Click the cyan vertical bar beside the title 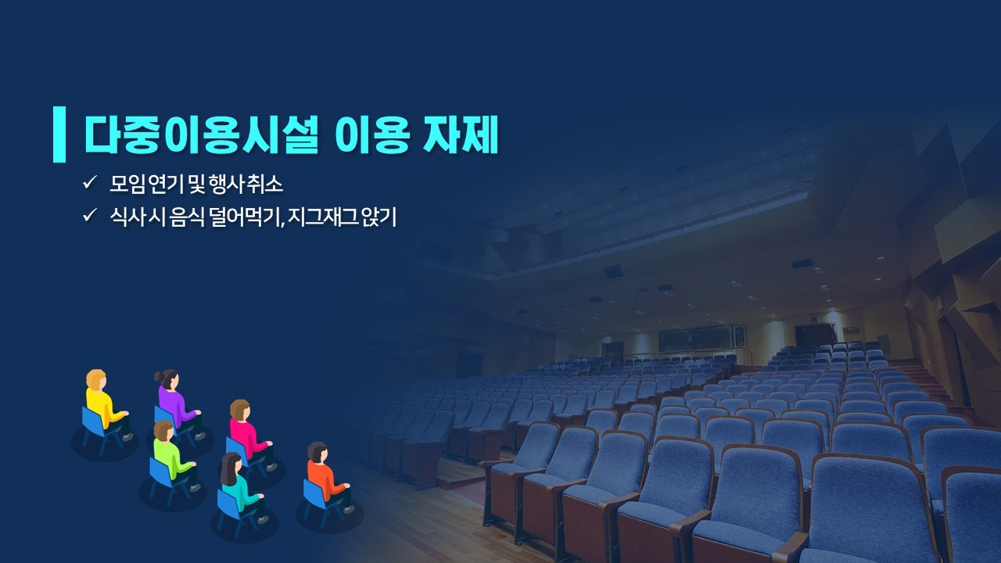(59, 134)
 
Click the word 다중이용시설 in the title (202, 134)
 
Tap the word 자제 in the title (461, 134)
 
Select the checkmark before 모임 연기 (90, 182)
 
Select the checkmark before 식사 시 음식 (90, 215)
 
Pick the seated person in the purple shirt (178, 404)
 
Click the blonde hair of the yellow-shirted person (95, 380)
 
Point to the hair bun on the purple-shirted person (159, 377)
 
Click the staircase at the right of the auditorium (925, 380)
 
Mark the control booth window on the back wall (701, 337)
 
